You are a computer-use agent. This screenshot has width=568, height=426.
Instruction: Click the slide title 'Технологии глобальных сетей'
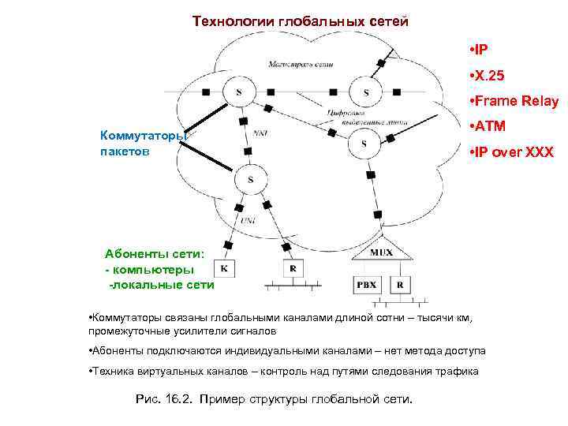[301, 21]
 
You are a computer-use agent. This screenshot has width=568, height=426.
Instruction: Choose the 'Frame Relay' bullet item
[513, 101]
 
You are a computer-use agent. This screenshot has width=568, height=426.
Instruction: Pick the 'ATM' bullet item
[488, 126]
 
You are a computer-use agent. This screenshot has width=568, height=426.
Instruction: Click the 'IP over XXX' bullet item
[509, 151]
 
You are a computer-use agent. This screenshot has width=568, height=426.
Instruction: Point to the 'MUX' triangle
[382, 252]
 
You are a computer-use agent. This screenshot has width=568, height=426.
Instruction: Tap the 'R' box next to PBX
[400, 284]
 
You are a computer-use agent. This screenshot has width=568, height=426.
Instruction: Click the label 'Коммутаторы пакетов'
[142, 142]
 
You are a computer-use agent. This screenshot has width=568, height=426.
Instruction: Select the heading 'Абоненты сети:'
[155, 254]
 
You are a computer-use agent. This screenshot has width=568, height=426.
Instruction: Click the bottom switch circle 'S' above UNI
[251, 180]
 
